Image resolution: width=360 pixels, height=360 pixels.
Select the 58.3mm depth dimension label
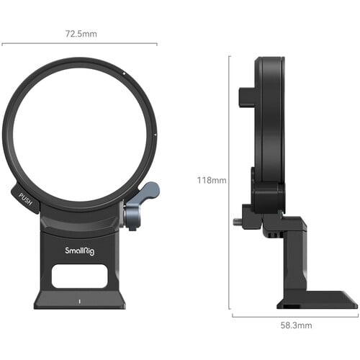click(x=295, y=325)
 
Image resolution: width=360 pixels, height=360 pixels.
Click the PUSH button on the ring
click(x=26, y=196)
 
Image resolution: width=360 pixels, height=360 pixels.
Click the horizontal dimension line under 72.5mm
click(x=79, y=43)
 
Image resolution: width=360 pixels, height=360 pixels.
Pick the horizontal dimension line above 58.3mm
click(x=295, y=315)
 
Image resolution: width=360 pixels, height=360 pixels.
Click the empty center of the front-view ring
click(x=78, y=134)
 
